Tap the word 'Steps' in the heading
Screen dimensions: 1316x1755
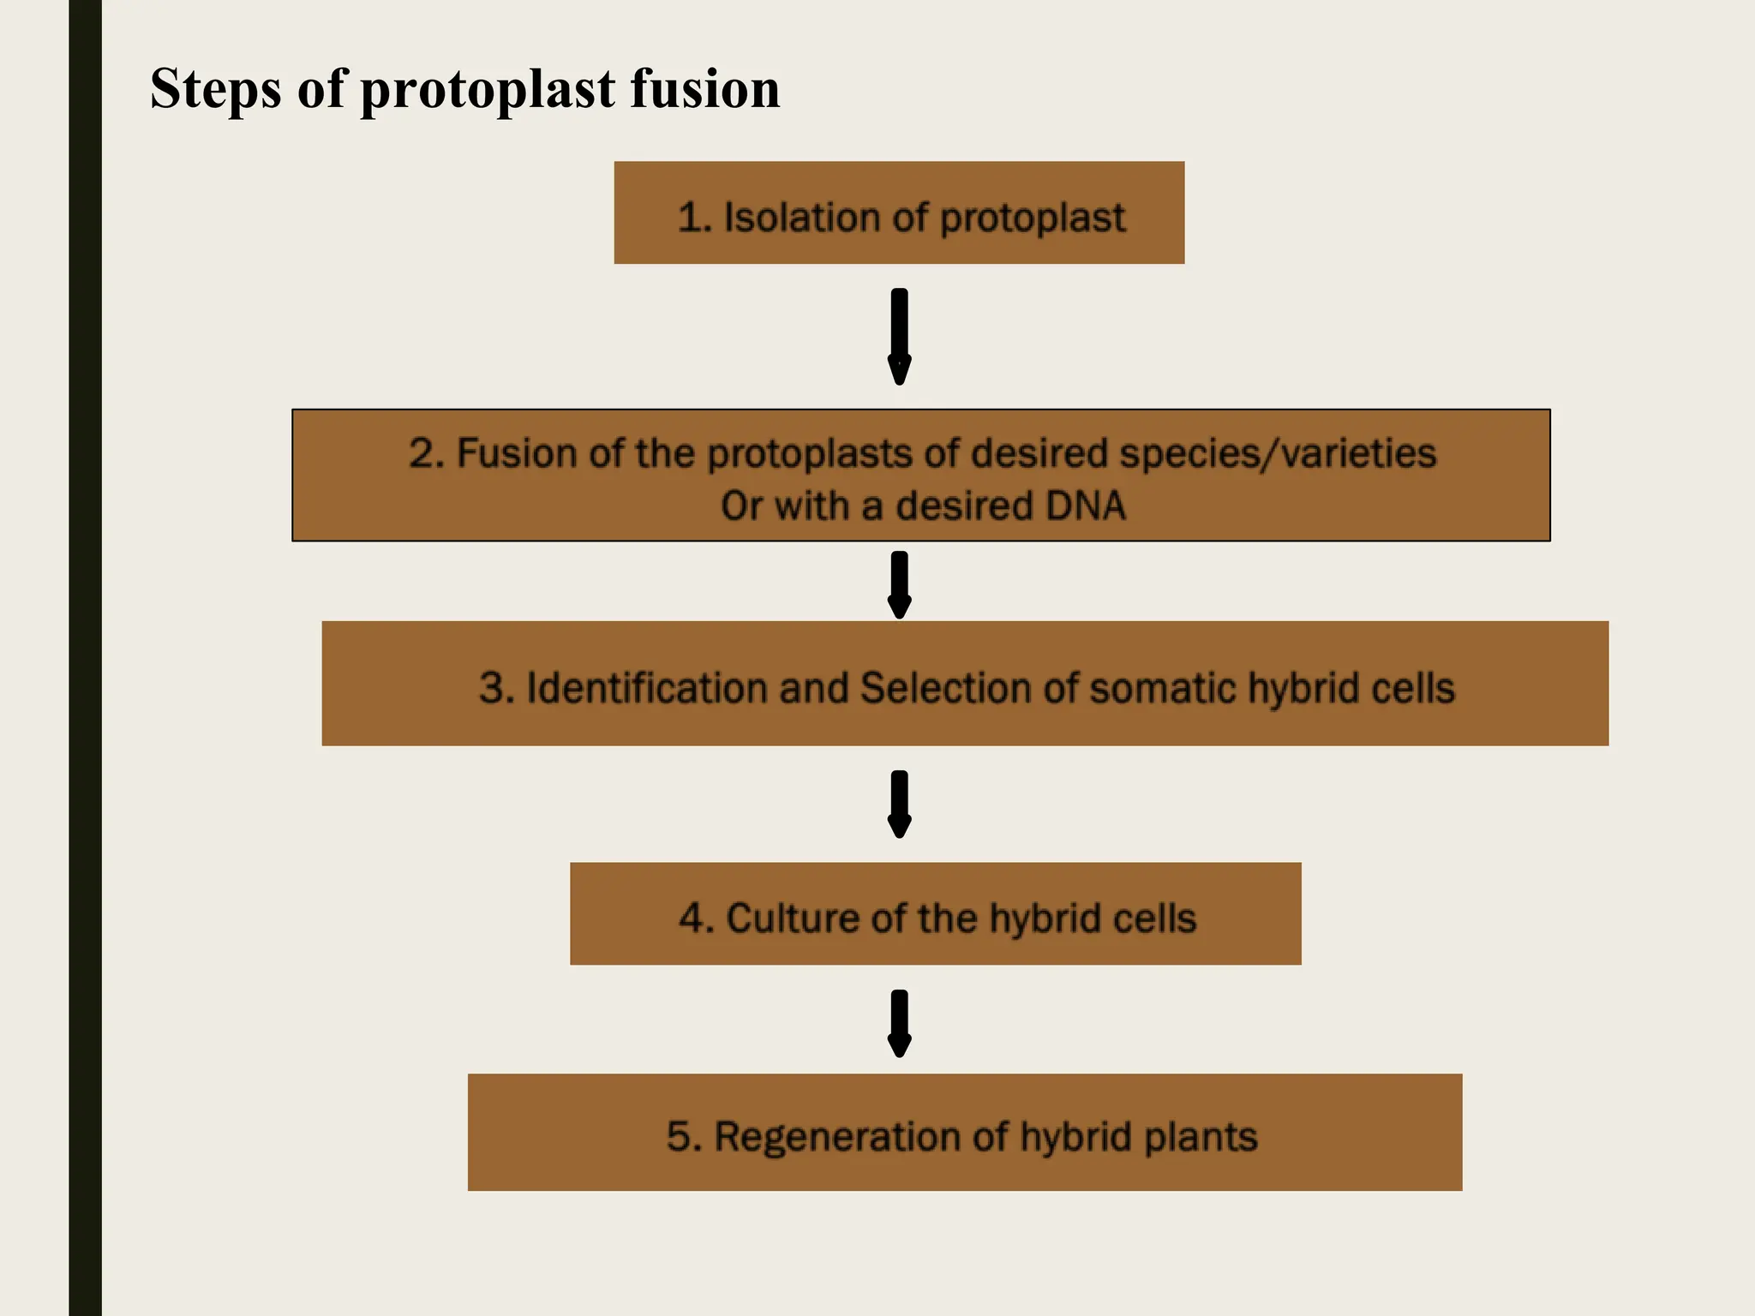tap(215, 90)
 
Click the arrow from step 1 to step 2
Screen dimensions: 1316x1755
tap(899, 337)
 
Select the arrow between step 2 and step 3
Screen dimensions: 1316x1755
tap(899, 584)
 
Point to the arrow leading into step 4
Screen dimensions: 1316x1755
tap(899, 804)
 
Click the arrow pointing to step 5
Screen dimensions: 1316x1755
tap(899, 1023)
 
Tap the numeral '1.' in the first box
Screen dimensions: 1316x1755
tap(695, 218)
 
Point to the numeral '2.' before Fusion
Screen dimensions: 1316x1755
tap(426, 453)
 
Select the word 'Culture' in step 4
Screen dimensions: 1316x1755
tap(793, 918)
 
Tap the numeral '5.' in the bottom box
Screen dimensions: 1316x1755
tap(684, 1137)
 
